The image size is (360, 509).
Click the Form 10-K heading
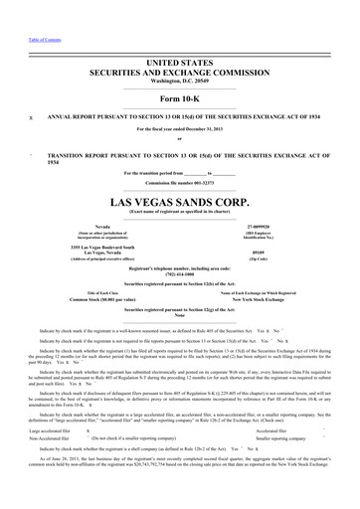[180, 98]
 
